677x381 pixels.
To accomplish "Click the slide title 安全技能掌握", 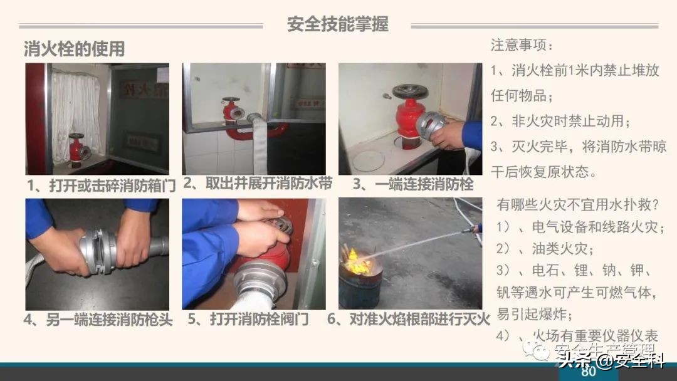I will (x=337, y=24).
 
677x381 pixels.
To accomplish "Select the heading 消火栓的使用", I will (x=74, y=49).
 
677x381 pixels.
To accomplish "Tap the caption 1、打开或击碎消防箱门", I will (x=100, y=185).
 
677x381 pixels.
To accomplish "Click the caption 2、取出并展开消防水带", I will (x=257, y=184).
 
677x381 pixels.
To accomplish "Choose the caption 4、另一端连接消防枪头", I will (x=98, y=320).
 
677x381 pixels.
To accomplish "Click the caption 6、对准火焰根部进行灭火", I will (x=408, y=320).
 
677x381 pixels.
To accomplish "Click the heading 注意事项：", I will (x=522, y=46).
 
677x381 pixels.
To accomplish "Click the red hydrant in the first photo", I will (x=78, y=149).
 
